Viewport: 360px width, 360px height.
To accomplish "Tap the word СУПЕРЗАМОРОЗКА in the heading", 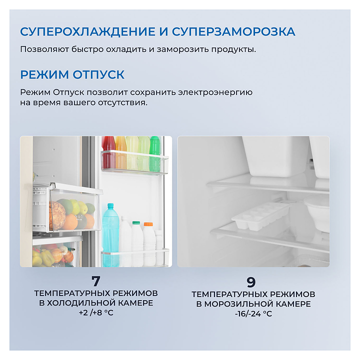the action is pos(233,31).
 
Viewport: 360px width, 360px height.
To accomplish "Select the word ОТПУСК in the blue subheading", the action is pos(98,74).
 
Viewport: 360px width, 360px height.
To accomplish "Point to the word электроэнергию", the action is pos(215,92).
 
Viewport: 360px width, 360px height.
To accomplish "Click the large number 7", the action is pos(95,281).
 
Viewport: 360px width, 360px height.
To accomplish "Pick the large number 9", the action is pos(251,282).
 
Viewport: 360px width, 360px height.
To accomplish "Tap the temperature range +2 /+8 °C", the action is pos(96,312).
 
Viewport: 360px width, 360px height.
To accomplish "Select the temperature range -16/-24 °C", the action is pos(253,313).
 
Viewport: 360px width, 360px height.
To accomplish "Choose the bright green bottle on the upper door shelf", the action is pos(155,154).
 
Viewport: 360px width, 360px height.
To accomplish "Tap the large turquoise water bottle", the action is pos(110,234).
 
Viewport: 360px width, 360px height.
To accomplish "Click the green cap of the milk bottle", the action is pos(136,222).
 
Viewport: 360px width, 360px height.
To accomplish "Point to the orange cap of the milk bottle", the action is pos(148,224).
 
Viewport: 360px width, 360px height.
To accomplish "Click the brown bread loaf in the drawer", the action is pos(57,215).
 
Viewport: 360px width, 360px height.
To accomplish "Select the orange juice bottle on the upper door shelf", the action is pos(121,153).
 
